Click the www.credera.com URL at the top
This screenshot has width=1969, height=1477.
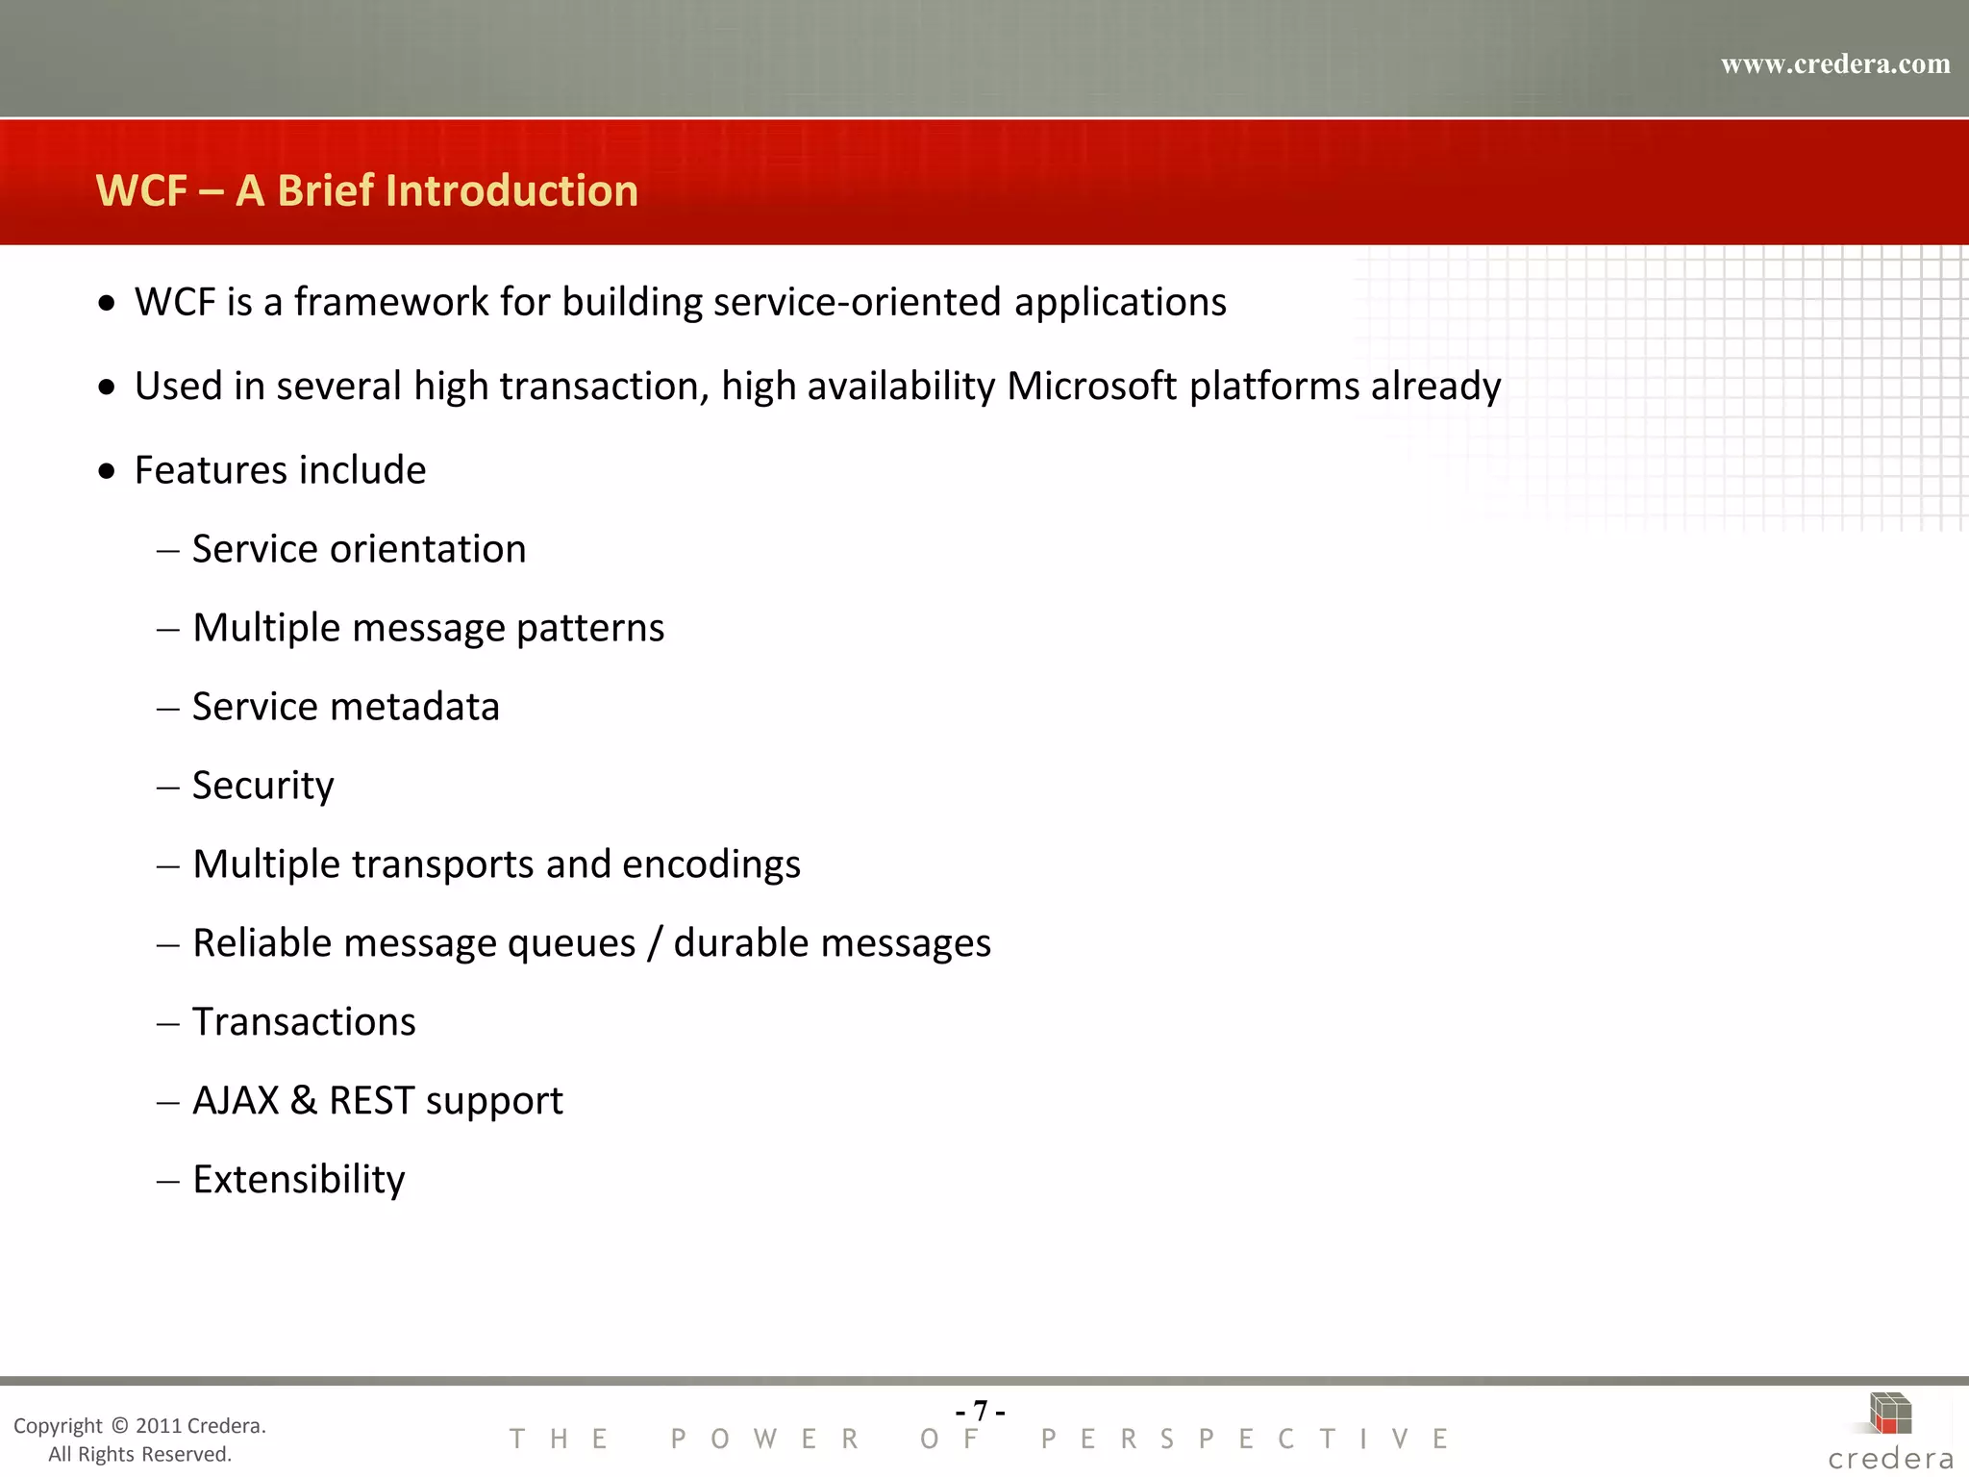[1834, 64]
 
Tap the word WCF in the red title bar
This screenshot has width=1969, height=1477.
[141, 190]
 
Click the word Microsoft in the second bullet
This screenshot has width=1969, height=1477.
[1091, 386]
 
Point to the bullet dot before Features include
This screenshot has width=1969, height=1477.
[107, 471]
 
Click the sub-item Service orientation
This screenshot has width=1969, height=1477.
[359, 549]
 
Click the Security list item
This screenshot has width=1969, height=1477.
[262, 786]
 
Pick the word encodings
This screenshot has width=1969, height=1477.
[710, 864]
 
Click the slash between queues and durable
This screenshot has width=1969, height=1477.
[655, 943]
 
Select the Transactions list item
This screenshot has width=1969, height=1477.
[304, 1022]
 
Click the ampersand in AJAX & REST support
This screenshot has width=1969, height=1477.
[304, 1101]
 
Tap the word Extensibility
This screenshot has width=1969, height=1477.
[299, 1180]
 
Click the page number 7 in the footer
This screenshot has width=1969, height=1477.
[980, 1411]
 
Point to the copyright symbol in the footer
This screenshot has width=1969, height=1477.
[119, 1425]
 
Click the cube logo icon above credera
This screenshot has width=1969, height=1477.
[1889, 1414]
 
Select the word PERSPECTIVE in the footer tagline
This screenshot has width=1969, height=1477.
[1244, 1439]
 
